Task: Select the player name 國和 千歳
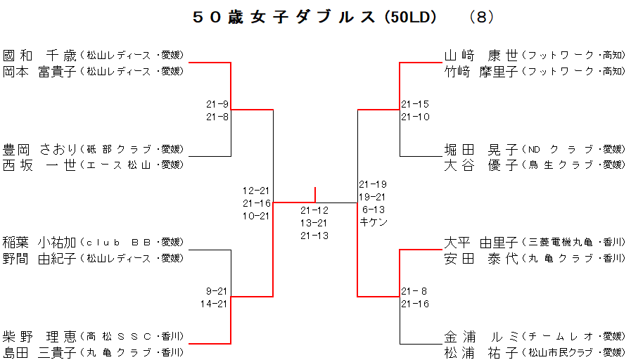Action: click(39, 55)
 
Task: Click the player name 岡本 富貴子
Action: click(39, 70)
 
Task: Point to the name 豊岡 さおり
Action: click(39, 149)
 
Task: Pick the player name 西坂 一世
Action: click(39, 165)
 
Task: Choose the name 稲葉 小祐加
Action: click(39, 243)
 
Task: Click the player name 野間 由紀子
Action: click(39, 258)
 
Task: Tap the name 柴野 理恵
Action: click(39, 336)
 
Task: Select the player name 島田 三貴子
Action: click(39, 352)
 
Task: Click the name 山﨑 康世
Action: click(481, 55)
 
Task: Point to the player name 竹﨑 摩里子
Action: click(481, 70)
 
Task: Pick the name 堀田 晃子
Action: click(481, 149)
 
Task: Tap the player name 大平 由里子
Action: click(481, 243)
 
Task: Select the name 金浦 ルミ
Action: click(481, 336)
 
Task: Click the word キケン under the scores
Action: click(374, 222)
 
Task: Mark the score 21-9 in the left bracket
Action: click(217, 104)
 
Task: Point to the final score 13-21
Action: click(314, 223)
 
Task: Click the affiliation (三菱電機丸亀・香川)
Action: click(573, 243)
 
